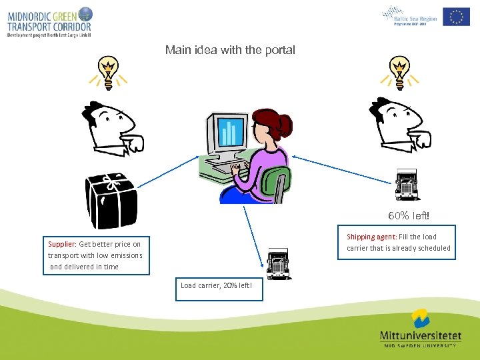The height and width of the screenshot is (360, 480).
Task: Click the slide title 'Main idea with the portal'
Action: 229,50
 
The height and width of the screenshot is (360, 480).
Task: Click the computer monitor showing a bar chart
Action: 231,133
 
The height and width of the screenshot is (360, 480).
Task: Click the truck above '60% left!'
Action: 407,185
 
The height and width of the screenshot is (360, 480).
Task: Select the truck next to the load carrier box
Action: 278,264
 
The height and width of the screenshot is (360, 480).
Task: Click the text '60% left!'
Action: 409,216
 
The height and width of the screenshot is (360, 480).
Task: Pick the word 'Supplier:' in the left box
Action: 62,244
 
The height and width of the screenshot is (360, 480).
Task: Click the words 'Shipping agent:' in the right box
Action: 371,237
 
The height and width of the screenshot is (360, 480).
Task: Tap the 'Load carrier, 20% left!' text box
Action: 219,287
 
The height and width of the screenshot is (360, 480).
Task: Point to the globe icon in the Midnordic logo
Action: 85,13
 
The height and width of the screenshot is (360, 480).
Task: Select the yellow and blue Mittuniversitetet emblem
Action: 420,318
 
